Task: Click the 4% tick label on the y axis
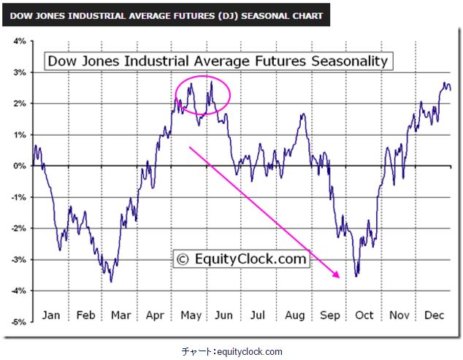(19, 41)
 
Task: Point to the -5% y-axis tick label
(18, 321)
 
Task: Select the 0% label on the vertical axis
(20, 166)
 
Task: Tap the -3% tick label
(18, 259)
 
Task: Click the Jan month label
(50, 315)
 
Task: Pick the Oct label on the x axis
(364, 315)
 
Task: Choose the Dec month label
(435, 315)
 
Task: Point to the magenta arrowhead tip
(340, 277)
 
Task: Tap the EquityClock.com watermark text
(250, 258)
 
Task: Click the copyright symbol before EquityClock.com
(183, 258)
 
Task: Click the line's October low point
(356, 276)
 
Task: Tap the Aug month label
(294, 315)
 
